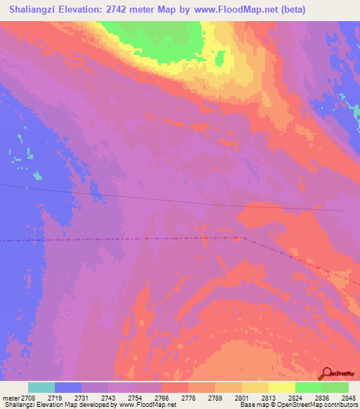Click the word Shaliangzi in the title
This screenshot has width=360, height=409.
(x=32, y=10)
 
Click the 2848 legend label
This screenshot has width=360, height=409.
(x=349, y=398)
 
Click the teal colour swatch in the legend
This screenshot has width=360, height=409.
(x=41, y=387)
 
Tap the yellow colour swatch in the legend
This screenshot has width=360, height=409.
(x=281, y=387)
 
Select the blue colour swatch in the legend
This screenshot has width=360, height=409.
(x=68, y=387)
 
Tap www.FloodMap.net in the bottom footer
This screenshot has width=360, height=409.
(x=146, y=405)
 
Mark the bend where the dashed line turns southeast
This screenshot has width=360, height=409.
(x=242, y=238)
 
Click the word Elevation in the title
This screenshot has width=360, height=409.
(x=83, y=10)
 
